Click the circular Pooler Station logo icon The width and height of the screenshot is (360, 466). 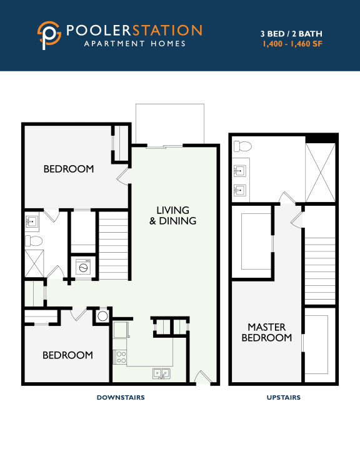[49, 35]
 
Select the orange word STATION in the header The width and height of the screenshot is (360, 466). [169, 30]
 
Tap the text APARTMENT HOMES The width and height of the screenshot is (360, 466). [135, 44]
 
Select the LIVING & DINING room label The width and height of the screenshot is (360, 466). [172, 215]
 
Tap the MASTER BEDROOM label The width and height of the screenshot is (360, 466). [266, 332]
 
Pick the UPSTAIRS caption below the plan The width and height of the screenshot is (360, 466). [282, 397]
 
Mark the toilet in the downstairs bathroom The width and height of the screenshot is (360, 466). [34, 240]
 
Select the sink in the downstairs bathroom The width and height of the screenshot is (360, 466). [32, 221]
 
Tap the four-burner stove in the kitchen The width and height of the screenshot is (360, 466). [121, 357]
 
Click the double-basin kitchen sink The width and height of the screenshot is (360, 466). [161, 373]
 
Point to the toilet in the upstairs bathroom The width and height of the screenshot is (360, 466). [242, 147]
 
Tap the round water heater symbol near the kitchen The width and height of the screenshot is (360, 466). [102, 316]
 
